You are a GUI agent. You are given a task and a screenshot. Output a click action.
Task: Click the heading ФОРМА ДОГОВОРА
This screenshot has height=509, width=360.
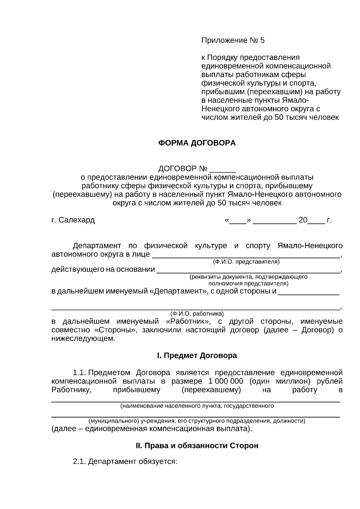tap(197, 143)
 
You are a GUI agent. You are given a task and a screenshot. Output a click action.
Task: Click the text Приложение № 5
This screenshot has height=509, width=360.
tap(233, 40)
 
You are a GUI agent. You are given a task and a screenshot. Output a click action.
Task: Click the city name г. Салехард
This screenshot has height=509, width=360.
tap(73, 220)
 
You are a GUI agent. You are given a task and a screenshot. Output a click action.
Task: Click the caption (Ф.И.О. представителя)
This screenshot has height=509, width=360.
tap(246, 262)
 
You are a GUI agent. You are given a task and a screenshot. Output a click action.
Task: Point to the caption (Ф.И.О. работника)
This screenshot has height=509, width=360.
tap(197, 314)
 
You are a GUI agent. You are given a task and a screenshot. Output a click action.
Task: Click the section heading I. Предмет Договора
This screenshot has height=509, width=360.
tap(197, 356)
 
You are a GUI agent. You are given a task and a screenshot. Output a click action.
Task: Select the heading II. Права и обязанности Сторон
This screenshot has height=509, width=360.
tap(197, 446)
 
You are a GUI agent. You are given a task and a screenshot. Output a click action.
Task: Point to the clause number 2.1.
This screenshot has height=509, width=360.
tap(79, 462)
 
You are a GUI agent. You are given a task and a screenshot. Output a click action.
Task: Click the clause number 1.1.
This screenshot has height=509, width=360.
tap(79, 373)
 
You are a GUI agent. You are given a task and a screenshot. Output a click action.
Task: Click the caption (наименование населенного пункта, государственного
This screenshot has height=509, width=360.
tap(197, 406)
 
